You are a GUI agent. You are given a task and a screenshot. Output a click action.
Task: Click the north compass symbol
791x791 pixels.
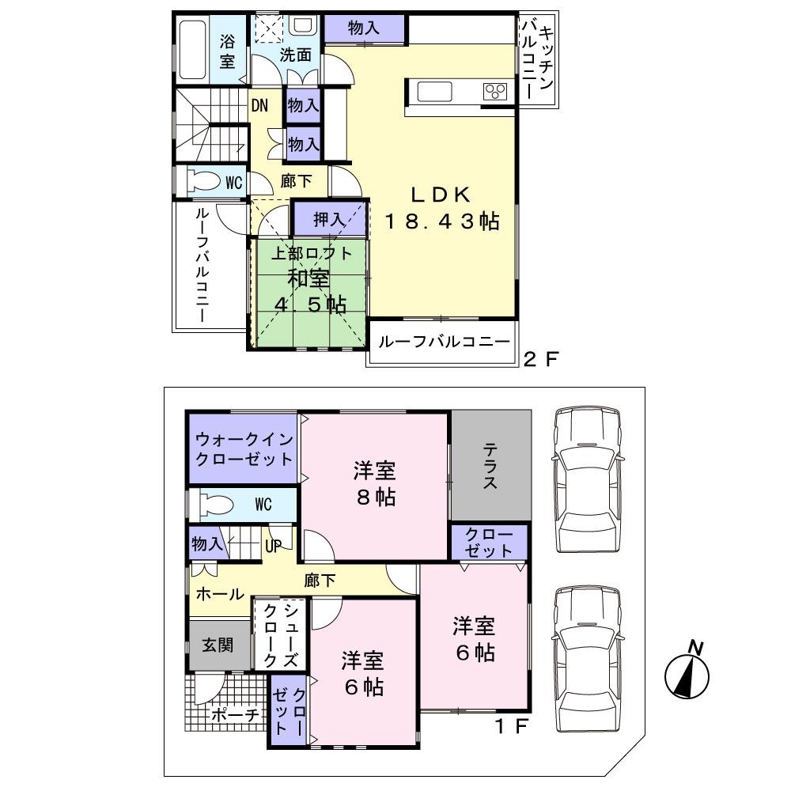pyautogui.click(x=687, y=675)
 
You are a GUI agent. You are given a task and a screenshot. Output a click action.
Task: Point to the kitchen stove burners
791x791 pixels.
pyautogui.click(x=496, y=91)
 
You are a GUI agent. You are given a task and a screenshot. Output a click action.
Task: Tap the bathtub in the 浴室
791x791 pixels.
pyautogui.click(x=191, y=50)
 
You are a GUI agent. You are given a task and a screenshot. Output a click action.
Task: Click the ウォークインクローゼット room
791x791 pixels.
pyautogui.click(x=244, y=448)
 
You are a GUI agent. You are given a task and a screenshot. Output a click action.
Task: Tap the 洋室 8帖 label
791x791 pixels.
pyautogui.click(x=374, y=484)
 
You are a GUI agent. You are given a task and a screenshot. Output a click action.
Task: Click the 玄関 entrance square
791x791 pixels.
pyautogui.click(x=216, y=645)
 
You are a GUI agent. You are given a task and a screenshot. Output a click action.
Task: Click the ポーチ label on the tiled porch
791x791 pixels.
pyautogui.click(x=235, y=715)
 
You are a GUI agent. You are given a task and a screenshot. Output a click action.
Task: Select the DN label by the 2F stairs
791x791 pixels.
pyautogui.click(x=259, y=104)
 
